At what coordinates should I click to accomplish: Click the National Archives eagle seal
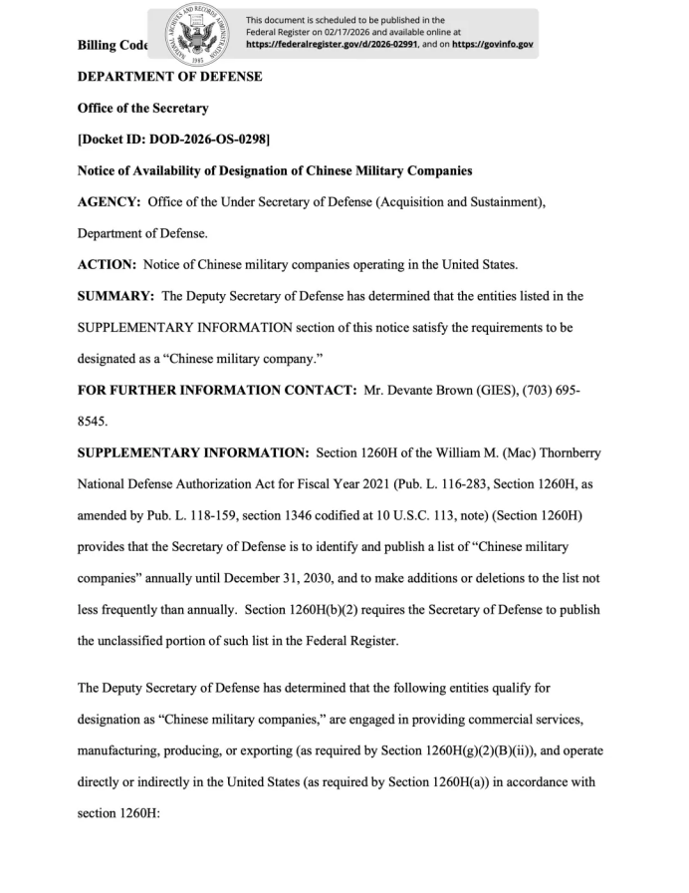193,34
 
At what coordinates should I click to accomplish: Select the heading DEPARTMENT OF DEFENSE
169,77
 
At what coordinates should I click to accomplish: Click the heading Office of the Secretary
142,108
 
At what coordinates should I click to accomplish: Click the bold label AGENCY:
109,202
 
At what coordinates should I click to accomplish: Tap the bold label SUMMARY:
115,296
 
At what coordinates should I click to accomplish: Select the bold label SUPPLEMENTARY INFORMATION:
192,452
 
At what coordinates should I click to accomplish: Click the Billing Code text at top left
112,45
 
